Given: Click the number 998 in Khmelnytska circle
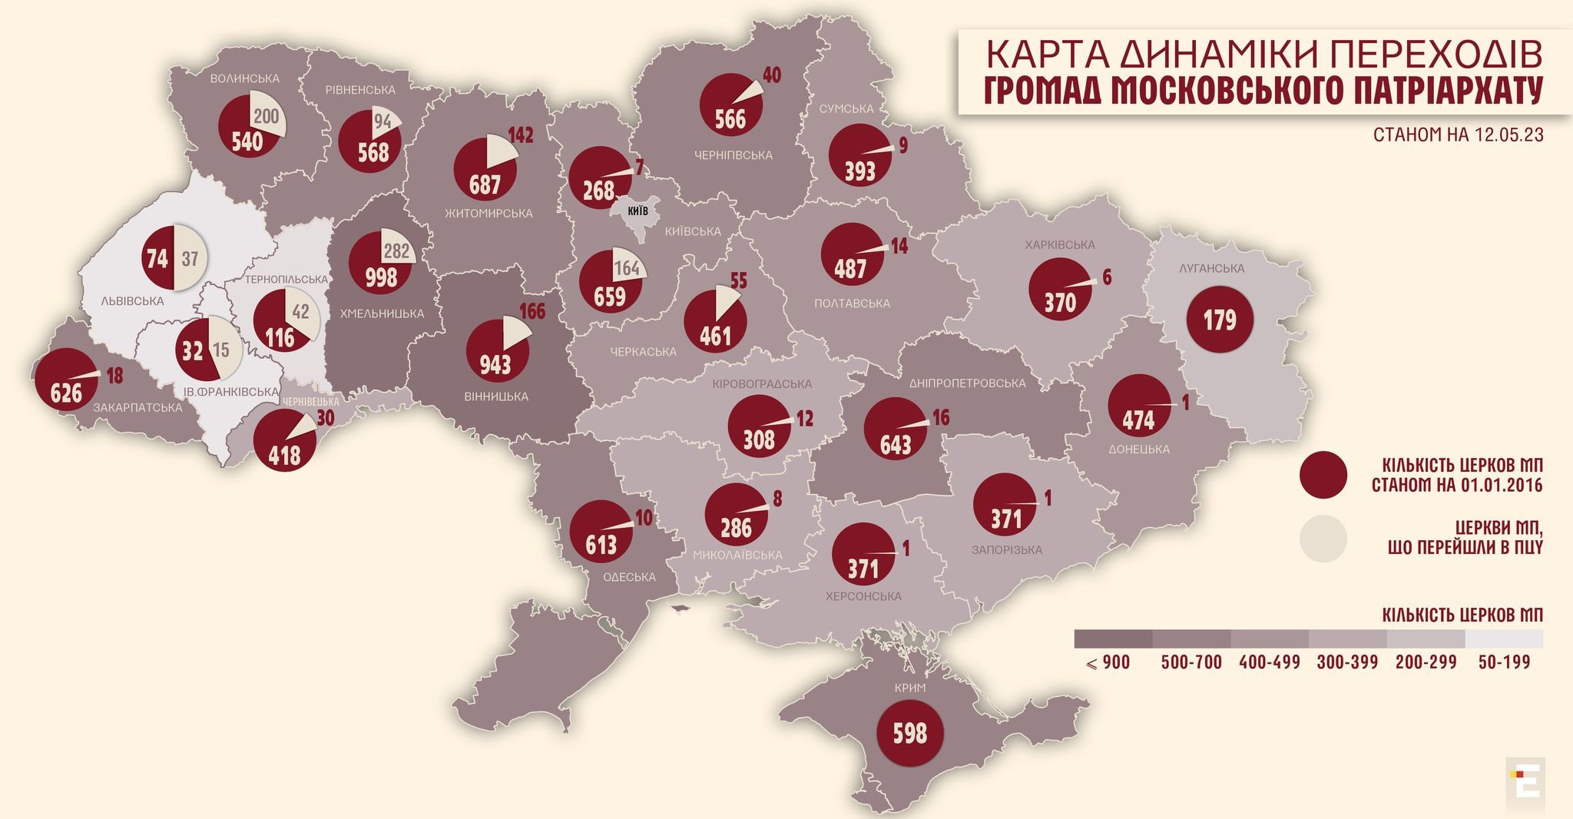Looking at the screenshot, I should click(x=381, y=277).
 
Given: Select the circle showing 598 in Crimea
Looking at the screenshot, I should click(x=909, y=733).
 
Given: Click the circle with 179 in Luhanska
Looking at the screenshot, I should click(x=1220, y=318).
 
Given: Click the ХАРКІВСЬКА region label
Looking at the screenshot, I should click(x=1059, y=244).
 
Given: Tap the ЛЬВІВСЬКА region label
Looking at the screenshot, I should click(x=132, y=300).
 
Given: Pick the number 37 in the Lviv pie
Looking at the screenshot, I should click(x=190, y=258).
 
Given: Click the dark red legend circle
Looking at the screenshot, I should click(x=1323, y=475).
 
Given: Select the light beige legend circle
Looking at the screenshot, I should click(x=1323, y=539).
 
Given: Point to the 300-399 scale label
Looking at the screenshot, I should click(x=1348, y=662).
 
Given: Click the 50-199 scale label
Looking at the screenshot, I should click(x=1504, y=662).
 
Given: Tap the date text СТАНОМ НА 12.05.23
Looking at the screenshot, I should click(x=1459, y=134).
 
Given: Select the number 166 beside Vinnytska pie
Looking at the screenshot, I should click(x=532, y=311).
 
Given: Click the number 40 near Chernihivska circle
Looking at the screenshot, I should click(x=771, y=75).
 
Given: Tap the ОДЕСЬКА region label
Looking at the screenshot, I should click(x=629, y=577).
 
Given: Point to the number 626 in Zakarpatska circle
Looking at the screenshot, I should click(x=66, y=393).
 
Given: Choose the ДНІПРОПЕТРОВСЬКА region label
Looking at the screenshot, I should click(x=967, y=383).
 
